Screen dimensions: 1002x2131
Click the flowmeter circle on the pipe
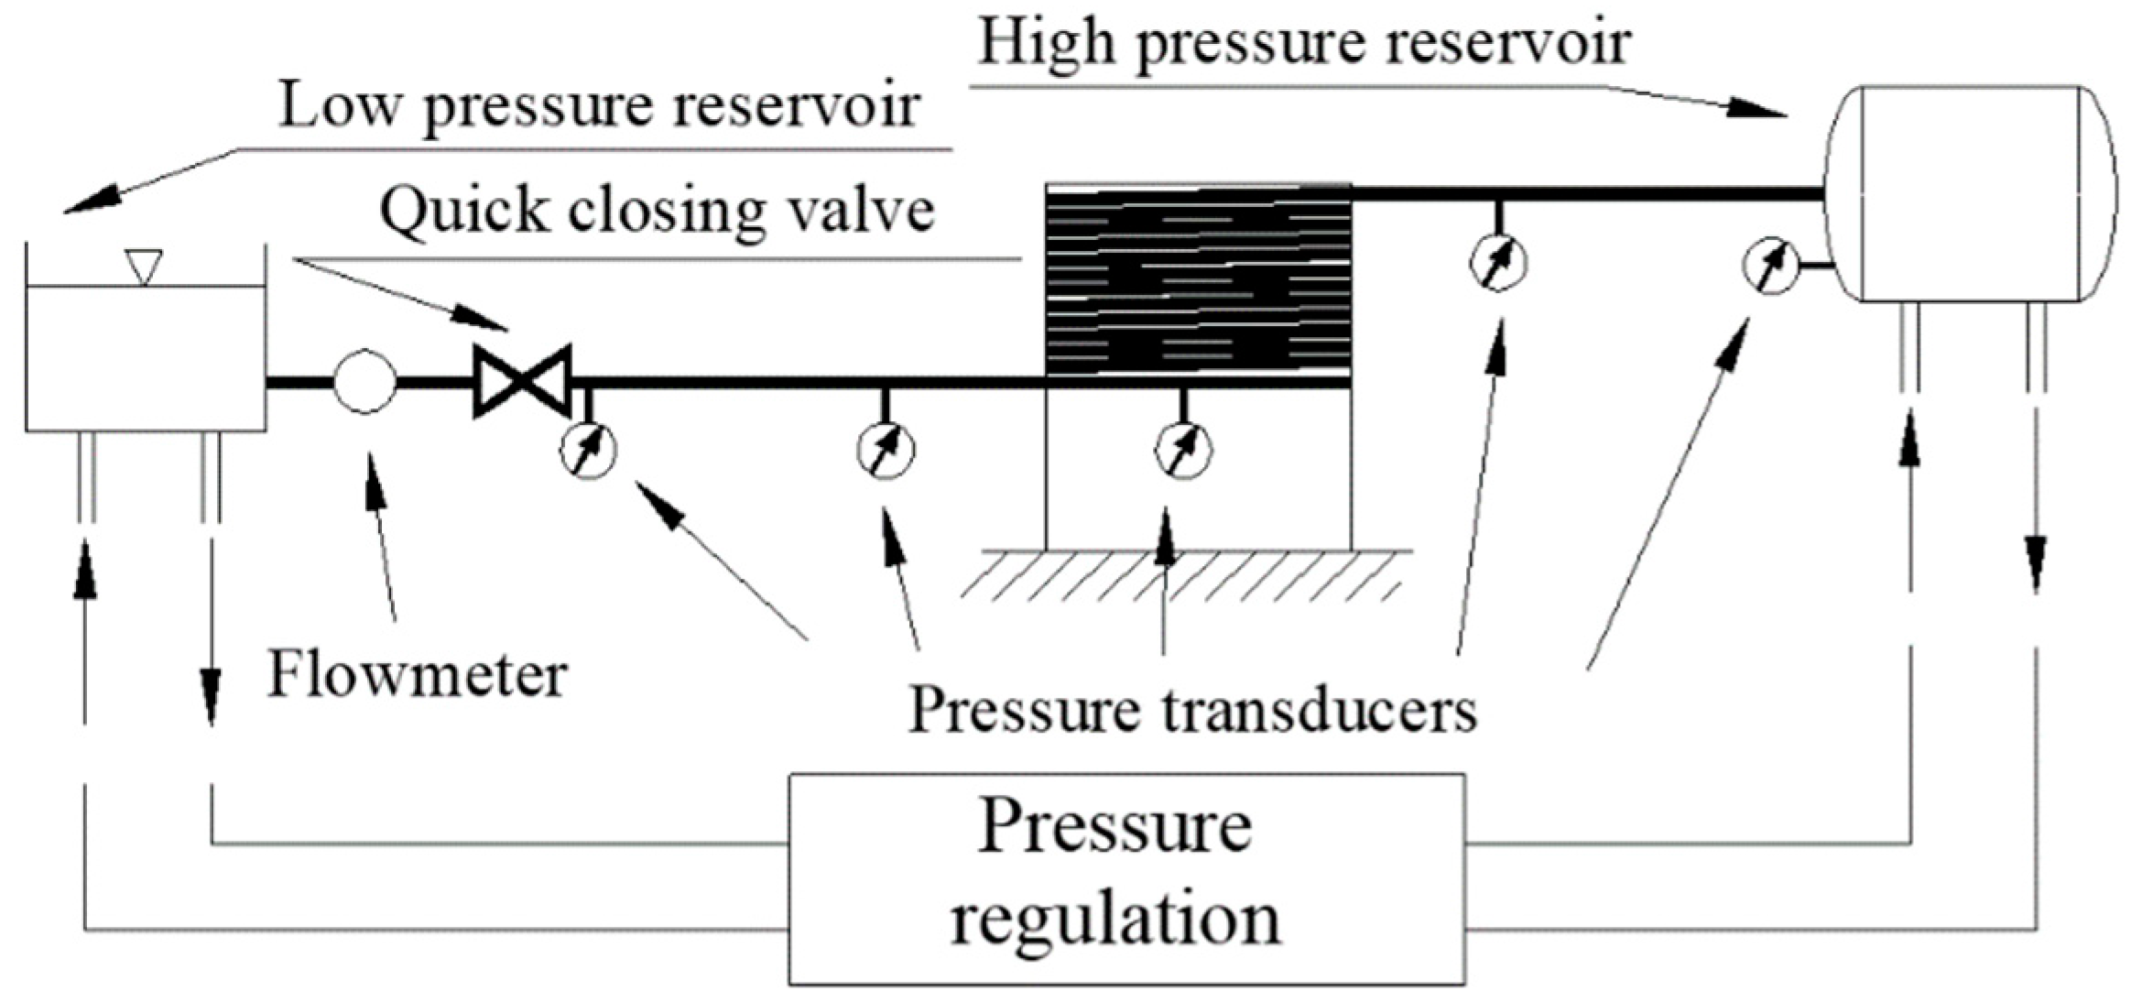point(364,381)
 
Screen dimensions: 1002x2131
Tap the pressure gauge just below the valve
point(589,450)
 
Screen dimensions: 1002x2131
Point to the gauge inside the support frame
point(1183,450)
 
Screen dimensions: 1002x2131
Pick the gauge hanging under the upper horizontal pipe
point(1498,263)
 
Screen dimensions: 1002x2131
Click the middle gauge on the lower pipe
point(885,450)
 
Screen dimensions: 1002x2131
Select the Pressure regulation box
point(1125,877)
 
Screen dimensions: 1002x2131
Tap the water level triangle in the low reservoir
point(145,267)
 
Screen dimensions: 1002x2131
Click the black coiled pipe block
point(1198,279)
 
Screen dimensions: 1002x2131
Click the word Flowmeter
point(417,676)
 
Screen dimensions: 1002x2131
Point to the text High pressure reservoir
point(1304,43)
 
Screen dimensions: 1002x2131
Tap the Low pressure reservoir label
point(599,105)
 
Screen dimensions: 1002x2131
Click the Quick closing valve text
point(657,211)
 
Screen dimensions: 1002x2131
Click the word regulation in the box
point(1115,918)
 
